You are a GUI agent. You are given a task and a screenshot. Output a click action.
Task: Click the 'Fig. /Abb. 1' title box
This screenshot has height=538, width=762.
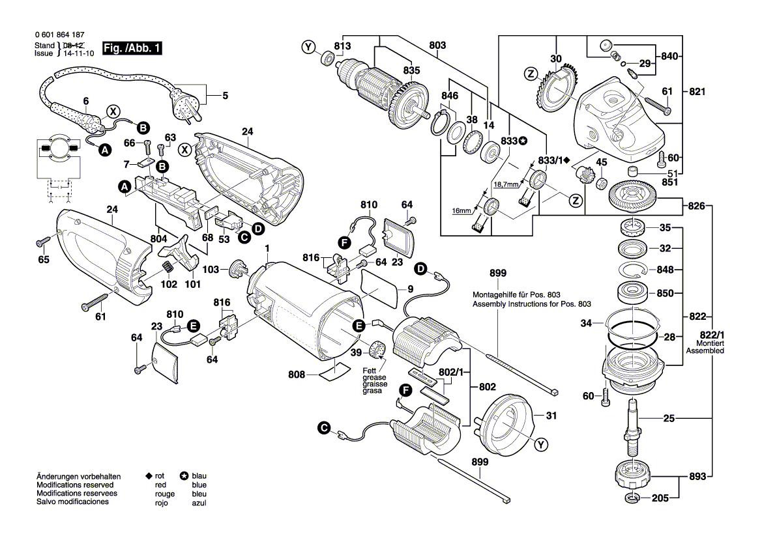click(132, 49)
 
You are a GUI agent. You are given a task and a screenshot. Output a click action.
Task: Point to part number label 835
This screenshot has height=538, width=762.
click(411, 70)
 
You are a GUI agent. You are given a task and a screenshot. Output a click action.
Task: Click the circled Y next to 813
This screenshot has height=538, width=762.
click(308, 46)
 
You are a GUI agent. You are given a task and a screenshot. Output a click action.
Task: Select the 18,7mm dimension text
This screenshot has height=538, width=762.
click(506, 185)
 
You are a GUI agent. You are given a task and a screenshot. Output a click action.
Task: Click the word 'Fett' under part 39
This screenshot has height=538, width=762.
click(370, 371)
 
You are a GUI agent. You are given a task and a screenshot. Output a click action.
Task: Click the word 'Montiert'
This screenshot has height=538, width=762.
click(710, 343)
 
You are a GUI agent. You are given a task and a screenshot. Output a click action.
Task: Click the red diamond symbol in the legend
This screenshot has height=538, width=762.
click(149, 477)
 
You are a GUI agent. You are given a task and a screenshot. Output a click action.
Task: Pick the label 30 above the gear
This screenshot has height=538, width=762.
click(555, 59)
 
